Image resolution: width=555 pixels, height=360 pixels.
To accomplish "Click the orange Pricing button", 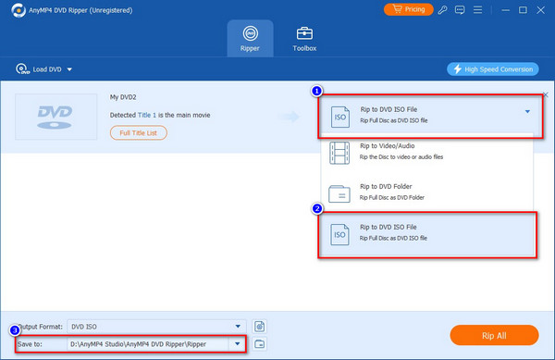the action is click(408, 9).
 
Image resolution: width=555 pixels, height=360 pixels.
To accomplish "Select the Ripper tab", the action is click(250, 38).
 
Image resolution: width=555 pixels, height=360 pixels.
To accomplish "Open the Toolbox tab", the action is click(304, 39).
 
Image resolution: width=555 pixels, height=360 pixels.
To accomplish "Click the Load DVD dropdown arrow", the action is click(69, 69).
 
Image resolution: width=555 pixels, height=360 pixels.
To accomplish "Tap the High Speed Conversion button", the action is click(493, 69).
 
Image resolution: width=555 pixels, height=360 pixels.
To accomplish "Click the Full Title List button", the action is click(139, 132).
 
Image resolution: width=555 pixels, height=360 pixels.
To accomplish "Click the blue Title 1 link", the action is click(146, 115).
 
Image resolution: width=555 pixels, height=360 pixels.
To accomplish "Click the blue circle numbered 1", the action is click(316, 91).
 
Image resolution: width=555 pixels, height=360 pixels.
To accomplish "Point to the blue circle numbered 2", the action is click(316, 209).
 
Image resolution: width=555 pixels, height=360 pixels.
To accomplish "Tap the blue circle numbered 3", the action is click(15, 330).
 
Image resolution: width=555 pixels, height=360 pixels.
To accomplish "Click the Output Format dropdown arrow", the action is click(238, 327).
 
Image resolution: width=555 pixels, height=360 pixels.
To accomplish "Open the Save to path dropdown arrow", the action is click(237, 343).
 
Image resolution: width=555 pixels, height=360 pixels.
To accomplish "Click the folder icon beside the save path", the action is click(259, 343).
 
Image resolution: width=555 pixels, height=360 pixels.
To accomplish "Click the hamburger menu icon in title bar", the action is click(477, 10).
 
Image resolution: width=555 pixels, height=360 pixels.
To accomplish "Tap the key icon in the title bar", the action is click(442, 10).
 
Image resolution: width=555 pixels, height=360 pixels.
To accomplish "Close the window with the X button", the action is click(540, 10).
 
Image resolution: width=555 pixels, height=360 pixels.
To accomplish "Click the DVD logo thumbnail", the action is click(55, 117).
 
